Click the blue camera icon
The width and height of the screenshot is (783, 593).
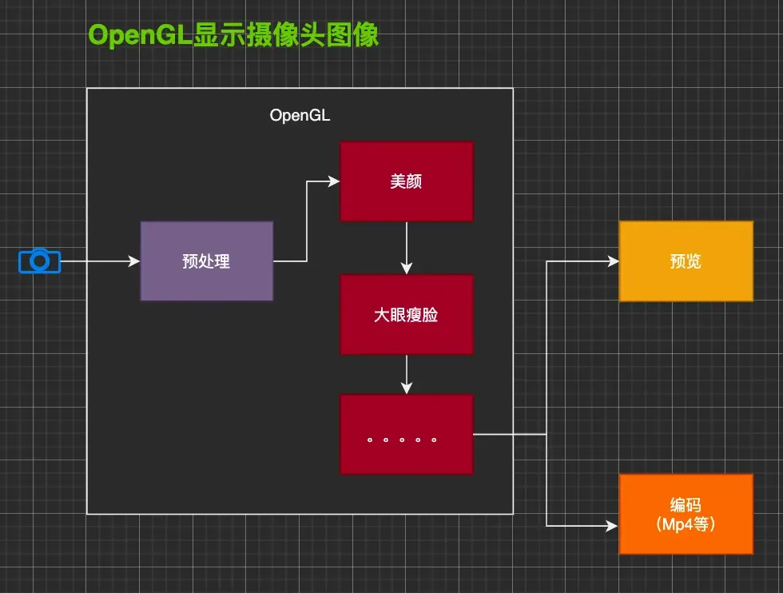click(39, 261)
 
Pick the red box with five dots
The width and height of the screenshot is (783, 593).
click(407, 434)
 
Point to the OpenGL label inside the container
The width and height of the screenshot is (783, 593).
click(300, 115)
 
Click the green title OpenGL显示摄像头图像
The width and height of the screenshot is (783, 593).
click(233, 35)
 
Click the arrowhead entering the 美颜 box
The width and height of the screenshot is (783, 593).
click(334, 181)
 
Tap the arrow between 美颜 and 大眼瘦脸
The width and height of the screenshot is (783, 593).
click(407, 248)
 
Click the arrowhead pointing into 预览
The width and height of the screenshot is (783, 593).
click(613, 261)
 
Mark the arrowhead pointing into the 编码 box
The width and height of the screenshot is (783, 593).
click(613, 525)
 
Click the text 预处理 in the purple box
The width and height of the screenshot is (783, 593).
click(206, 261)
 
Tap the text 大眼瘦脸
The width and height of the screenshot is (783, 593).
click(407, 315)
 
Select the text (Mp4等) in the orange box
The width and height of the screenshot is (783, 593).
click(686, 524)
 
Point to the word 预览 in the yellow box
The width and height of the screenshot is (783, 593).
click(686, 261)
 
